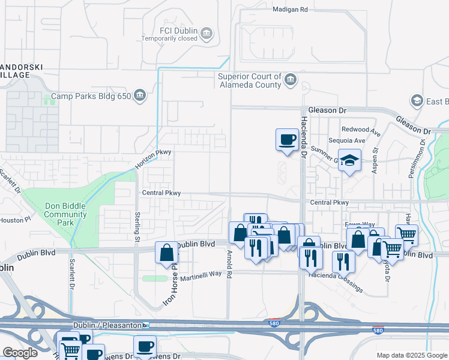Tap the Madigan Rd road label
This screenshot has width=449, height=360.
pyautogui.click(x=289, y=10)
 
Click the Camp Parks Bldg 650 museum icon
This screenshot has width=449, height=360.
pyautogui.click(x=140, y=95)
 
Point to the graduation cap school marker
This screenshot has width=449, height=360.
pyautogui.click(x=349, y=160)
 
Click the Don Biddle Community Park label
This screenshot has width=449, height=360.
pyautogui.click(x=65, y=214)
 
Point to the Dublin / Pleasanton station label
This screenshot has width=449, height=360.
pyautogui.click(x=110, y=325)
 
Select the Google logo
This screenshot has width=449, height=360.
pyautogui.click(x=20, y=353)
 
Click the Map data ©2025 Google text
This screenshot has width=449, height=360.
pyautogui.click(x=411, y=355)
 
